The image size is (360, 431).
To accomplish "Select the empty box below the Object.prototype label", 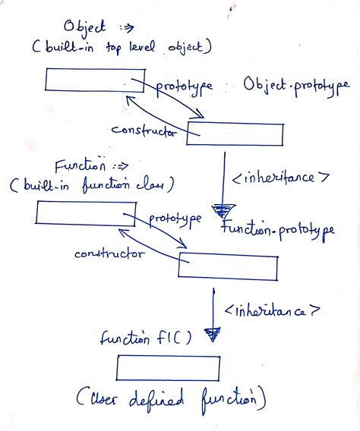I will click(x=235, y=134).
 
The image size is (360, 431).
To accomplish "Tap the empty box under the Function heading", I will click(x=81, y=213).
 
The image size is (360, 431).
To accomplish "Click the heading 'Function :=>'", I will click(x=90, y=165).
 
